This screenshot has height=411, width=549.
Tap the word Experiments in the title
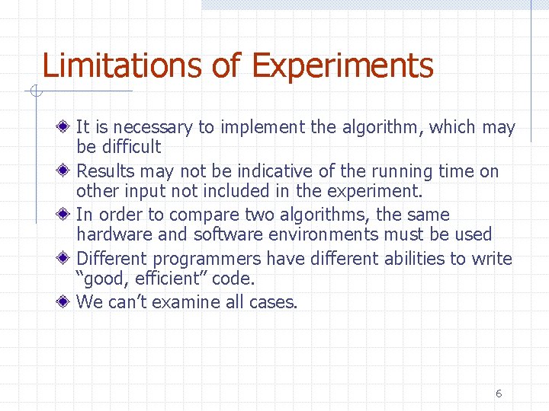342,67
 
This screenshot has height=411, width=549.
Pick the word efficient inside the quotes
157,279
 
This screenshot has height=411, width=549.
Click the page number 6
499,393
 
